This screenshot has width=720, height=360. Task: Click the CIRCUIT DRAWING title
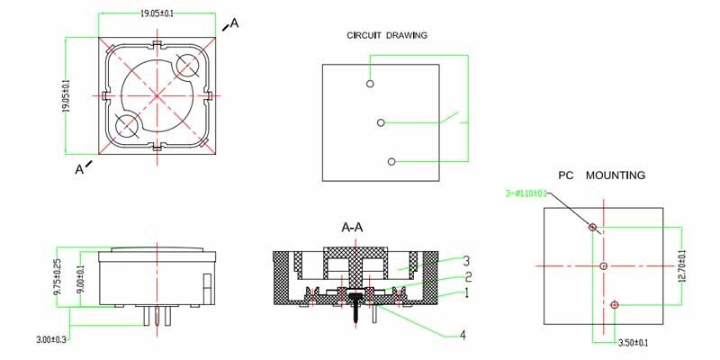click(387, 35)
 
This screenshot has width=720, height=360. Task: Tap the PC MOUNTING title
click(601, 175)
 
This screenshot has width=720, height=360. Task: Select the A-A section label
click(352, 227)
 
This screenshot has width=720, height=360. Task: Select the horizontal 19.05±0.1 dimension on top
click(157, 14)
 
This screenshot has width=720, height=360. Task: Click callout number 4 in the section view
click(462, 335)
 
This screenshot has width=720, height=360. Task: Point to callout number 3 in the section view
click(467, 261)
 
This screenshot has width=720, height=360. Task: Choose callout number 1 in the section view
click(467, 292)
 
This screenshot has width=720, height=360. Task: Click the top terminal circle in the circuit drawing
click(370, 84)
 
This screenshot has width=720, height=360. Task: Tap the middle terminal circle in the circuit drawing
click(381, 122)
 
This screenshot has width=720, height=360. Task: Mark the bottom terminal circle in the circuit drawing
click(391, 161)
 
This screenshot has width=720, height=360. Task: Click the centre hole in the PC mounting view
click(604, 265)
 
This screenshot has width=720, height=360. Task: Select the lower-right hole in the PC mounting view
click(615, 305)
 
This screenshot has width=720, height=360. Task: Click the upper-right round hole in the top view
click(189, 65)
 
